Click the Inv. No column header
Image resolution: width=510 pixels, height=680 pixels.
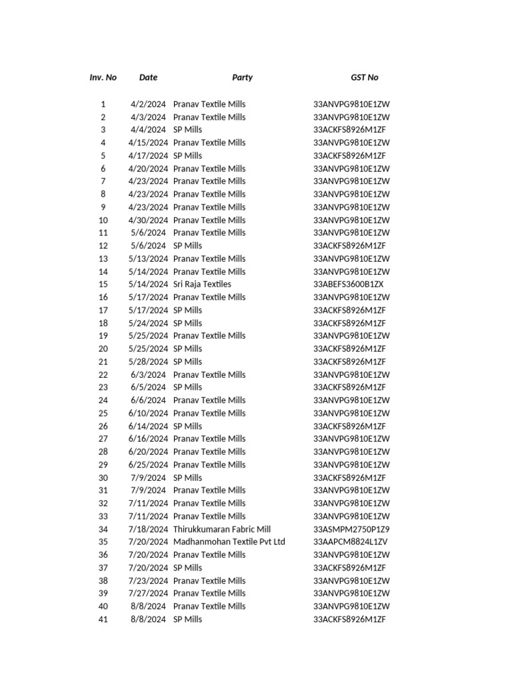[103, 78]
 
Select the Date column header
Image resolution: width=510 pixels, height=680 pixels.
[148, 78]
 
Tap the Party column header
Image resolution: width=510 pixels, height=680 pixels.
[242, 78]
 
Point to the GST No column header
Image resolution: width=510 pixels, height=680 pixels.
[365, 78]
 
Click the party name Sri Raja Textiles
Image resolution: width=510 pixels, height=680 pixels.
[203, 284]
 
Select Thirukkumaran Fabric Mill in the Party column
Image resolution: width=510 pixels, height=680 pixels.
[222, 529]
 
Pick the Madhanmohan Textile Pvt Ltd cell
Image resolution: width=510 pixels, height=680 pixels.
[229, 542]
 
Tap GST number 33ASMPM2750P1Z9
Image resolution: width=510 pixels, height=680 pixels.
[351, 529]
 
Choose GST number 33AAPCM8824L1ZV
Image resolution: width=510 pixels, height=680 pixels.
[351, 542]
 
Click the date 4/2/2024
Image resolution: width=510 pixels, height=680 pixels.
[148, 104]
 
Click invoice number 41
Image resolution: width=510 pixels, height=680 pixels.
[103, 620]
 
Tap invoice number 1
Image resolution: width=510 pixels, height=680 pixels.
[103, 104]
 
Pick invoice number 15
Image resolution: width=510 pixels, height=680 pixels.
[103, 284]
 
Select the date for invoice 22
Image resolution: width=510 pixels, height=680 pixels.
[148, 375]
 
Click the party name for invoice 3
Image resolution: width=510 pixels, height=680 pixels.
[188, 129]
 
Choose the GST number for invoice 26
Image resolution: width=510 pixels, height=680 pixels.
[349, 426]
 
